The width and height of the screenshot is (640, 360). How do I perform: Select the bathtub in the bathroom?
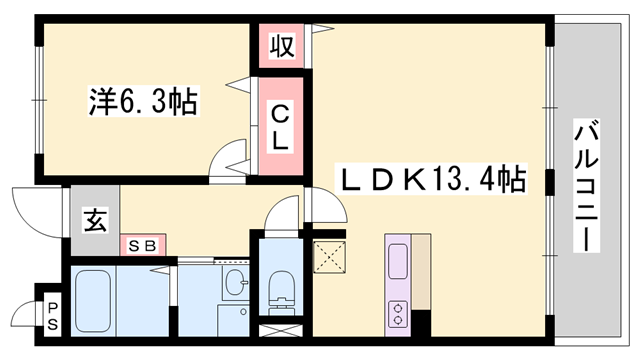click(96, 297)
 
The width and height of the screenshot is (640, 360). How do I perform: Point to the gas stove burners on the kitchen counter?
click(397, 312)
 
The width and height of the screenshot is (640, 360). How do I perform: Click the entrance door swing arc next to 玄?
click(33, 208)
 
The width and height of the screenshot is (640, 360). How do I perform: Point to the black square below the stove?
click(421, 324)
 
